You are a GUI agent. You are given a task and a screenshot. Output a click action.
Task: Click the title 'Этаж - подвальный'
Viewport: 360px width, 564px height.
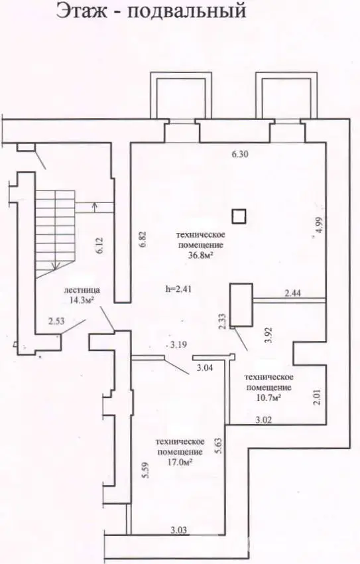tap(151, 11)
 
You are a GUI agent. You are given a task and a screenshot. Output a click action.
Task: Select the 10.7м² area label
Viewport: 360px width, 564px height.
tap(269, 397)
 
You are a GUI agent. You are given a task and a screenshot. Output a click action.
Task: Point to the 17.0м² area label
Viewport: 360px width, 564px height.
tap(179, 462)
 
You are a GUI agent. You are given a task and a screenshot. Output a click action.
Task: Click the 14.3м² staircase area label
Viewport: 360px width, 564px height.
tap(82, 299)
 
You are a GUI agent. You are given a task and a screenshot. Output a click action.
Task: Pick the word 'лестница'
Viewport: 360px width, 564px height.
tap(82, 290)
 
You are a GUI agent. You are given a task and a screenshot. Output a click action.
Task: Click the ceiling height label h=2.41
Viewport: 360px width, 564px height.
tap(178, 289)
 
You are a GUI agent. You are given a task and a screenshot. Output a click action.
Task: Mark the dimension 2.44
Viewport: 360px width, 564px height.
tap(294, 293)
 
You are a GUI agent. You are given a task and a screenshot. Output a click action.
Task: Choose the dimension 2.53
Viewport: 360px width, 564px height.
tap(57, 322)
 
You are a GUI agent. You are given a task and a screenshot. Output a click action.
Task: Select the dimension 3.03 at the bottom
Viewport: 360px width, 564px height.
tap(180, 529)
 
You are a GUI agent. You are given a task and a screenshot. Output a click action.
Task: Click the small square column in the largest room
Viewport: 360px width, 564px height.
tap(239, 216)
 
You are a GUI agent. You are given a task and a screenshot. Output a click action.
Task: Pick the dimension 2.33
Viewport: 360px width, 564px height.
tap(223, 322)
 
